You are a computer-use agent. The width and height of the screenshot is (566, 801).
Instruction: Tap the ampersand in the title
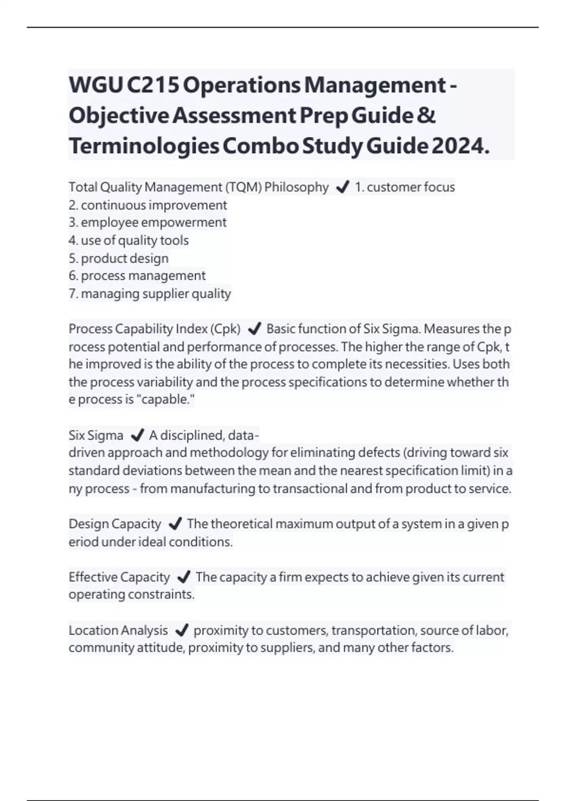click(x=426, y=115)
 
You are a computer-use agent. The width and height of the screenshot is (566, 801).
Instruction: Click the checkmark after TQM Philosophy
click(x=342, y=188)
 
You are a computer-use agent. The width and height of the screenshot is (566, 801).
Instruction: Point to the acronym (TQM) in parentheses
click(x=243, y=188)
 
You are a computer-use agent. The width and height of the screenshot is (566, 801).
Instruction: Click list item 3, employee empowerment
click(x=148, y=222)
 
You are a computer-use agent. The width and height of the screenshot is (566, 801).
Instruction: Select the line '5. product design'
click(x=118, y=258)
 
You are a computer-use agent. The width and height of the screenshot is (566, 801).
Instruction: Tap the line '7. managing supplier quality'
click(x=150, y=294)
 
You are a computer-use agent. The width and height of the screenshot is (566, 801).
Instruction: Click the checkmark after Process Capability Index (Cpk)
click(x=254, y=329)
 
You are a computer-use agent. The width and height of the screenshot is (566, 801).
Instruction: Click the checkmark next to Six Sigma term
click(x=136, y=435)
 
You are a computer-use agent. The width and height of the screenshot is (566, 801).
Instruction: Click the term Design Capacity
click(x=115, y=524)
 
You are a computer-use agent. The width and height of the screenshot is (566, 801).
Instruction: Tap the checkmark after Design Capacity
click(x=175, y=524)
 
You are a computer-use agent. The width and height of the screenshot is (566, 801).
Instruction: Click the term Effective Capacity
click(x=119, y=577)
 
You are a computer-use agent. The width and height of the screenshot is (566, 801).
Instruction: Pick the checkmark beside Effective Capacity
click(x=183, y=577)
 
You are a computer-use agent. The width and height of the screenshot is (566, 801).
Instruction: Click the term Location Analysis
click(x=118, y=630)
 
